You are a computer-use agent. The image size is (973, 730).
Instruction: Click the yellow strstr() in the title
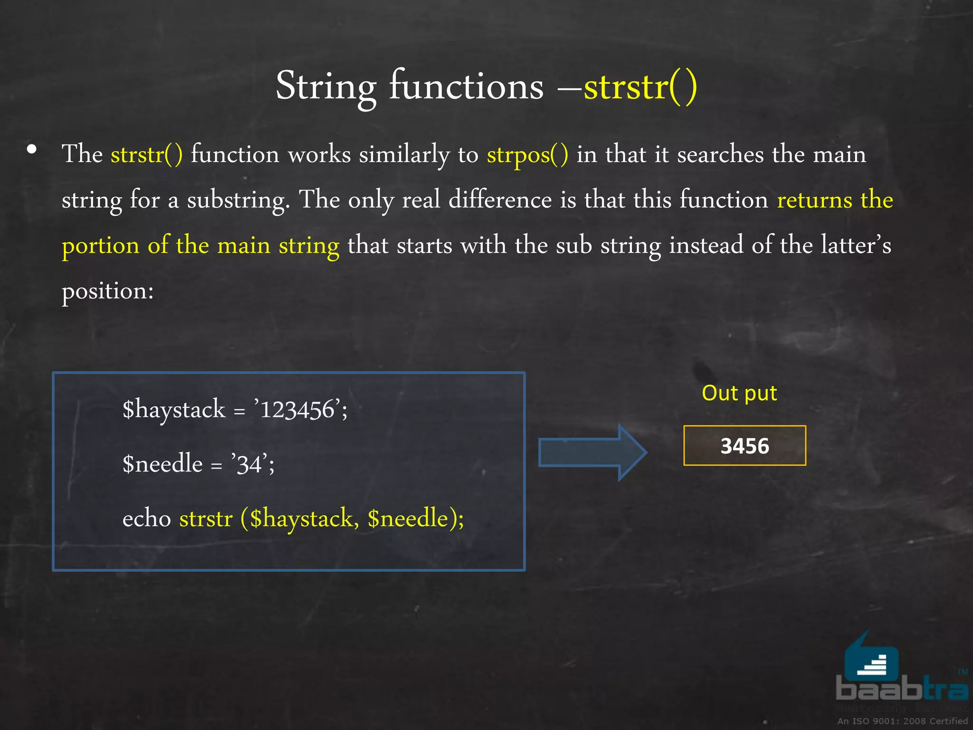[x=640, y=86]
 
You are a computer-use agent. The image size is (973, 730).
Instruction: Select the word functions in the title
[x=466, y=86]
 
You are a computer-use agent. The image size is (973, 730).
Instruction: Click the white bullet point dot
[x=32, y=150]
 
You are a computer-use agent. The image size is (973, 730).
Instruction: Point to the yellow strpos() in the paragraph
[x=527, y=154]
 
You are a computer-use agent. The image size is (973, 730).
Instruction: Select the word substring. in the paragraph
[x=238, y=200]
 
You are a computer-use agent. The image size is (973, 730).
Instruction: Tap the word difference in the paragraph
[x=500, y=199]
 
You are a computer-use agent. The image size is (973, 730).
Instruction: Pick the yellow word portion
[x=100, y=246]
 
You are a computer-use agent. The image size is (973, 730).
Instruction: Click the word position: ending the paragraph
[x=108, y=291]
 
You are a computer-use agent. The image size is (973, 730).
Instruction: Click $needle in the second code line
[x=162, y=464]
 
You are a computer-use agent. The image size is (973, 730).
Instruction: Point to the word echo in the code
[x=146, y=519]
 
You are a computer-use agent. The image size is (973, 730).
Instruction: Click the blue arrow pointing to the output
[x=592, y=452]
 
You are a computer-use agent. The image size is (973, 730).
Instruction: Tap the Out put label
[x=739, y=393]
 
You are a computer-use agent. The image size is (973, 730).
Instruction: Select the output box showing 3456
[x=744, y=446]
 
